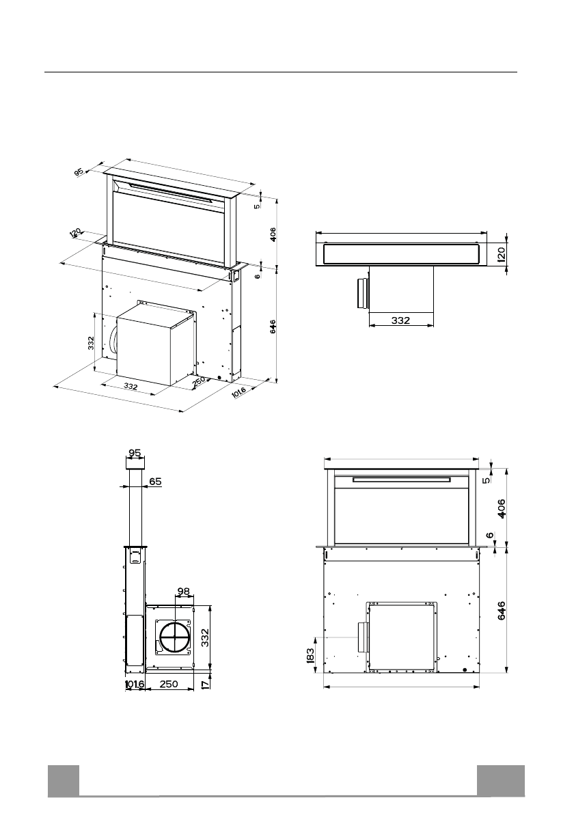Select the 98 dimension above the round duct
[183, 590]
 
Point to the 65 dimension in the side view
[154, 482]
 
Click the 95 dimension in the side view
[135, 452]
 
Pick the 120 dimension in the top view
[501, 253]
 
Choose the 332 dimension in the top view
[400, 320]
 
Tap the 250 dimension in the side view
[169, 684]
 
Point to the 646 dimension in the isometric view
[273, 326]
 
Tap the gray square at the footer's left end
[63, 781]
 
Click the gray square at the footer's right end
[501, 781]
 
